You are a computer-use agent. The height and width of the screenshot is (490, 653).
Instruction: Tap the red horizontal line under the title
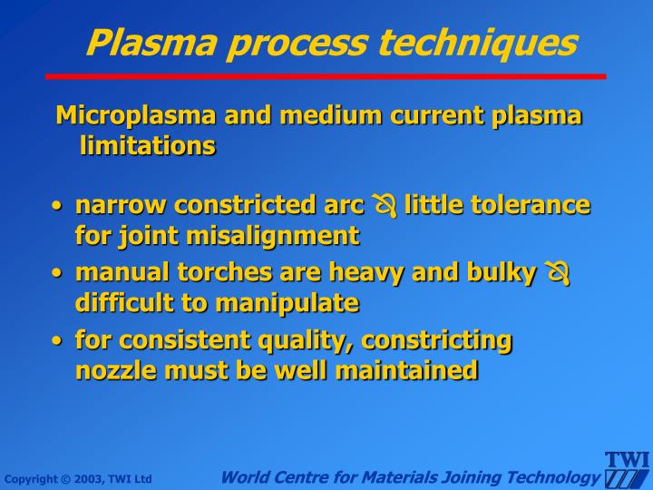tap(326, 76)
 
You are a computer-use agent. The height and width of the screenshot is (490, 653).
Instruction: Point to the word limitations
tap(148, 145)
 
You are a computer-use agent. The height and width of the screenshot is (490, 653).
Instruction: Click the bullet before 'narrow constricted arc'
tap(57, 207)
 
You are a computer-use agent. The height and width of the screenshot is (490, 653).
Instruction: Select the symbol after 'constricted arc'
tap(385, 206)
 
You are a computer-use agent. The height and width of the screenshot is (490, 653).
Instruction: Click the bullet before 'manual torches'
tap(57, 273)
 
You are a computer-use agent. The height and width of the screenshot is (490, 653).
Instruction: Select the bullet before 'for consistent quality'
tap(57, 341)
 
